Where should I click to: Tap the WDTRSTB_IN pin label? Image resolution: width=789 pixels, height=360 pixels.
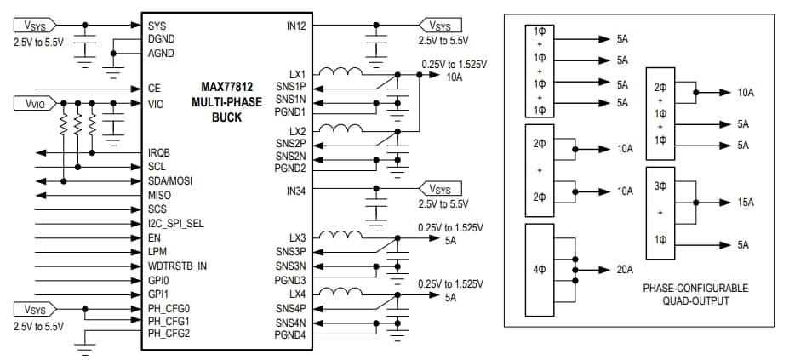(177, 266)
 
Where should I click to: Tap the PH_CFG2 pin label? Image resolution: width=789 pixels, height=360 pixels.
(169, 333)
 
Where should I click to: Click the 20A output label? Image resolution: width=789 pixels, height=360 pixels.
(625, 270)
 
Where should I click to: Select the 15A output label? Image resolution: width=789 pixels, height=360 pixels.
(745, 203)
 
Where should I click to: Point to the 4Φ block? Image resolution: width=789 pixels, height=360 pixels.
(540, 270)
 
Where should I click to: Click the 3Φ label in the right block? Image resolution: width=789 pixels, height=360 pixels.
(660, 185)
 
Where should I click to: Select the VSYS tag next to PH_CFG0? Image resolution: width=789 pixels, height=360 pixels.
(35, 309)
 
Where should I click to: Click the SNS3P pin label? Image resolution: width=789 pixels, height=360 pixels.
(292, 252)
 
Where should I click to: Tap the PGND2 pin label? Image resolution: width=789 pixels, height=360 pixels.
(292, 169)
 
